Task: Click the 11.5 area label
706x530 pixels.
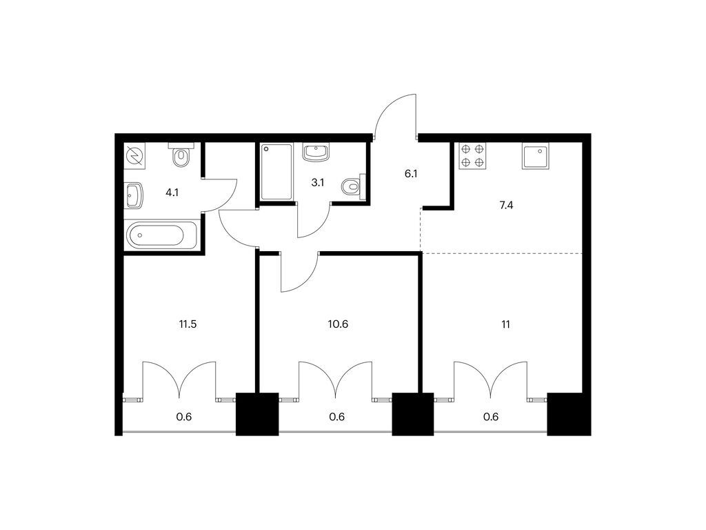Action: tap(188, 324)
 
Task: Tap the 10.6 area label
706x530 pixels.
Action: tap(338, 324)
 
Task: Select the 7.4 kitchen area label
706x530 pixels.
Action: tap(506, 206)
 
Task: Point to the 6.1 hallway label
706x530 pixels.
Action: tap(411, 173)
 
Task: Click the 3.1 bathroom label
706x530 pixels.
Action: tap(318, 182)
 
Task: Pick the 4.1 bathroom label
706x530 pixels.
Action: tap(172, 193)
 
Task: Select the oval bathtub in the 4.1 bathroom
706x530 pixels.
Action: tap(161, 235)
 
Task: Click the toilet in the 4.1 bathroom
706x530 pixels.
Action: tap(181, 155)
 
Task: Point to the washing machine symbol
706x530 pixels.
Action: tap(134, 156)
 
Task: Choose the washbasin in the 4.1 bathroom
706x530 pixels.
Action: tap(134, 195)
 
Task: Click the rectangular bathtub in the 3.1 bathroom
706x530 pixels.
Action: tap(276, 172)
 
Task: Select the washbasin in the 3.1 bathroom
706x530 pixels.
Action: tap(316, 153)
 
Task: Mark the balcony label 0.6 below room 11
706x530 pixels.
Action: tap(491, 417)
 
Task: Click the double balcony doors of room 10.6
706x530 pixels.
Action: tap(336, 380)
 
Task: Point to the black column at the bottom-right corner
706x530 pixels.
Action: tap(569, 414)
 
